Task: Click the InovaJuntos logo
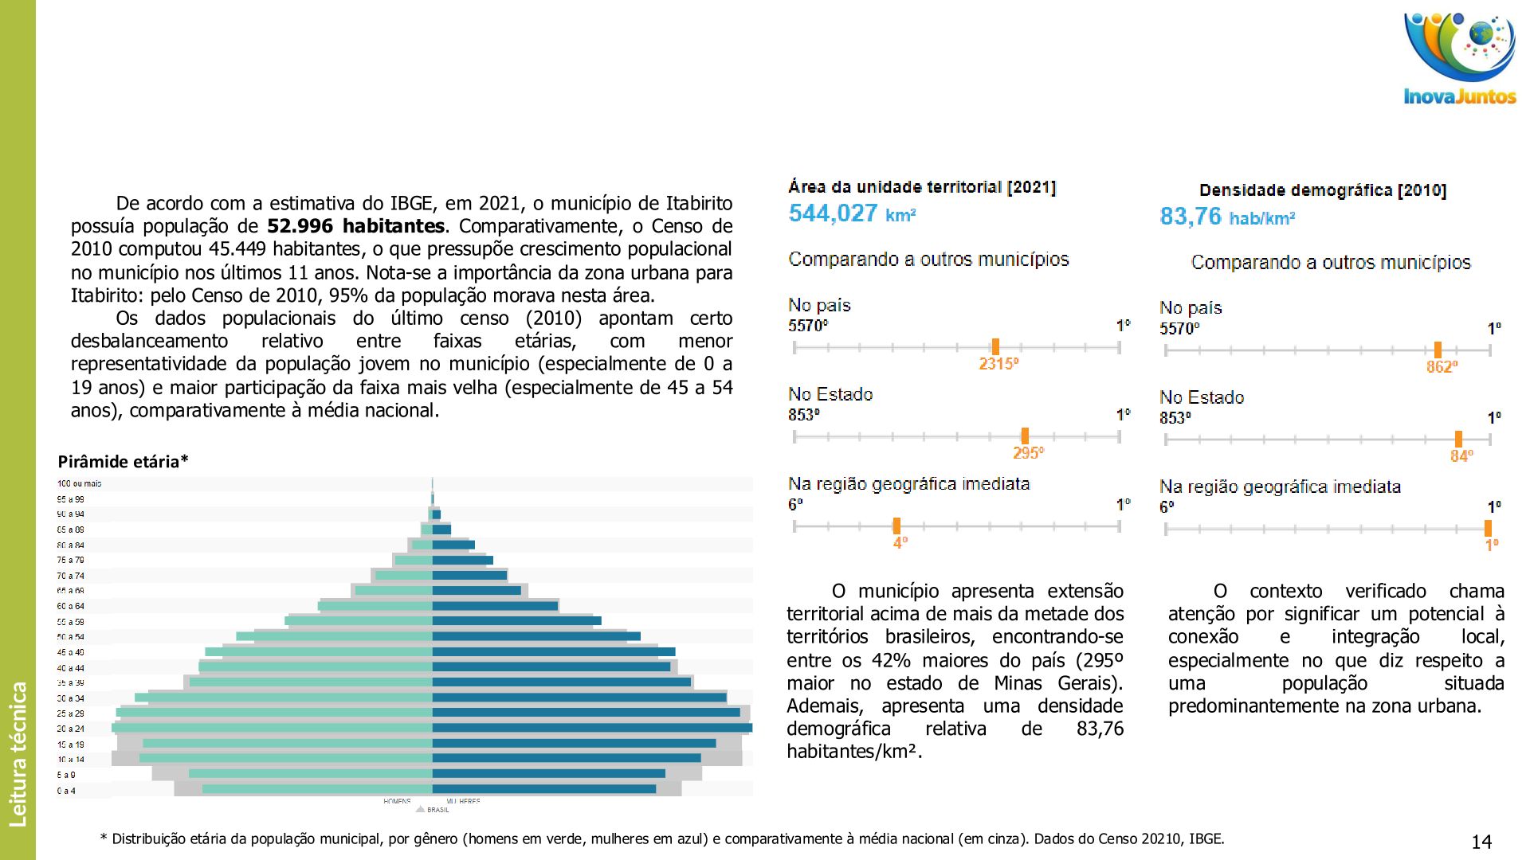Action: coord(1459,59)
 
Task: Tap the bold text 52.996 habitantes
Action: coord(355,226)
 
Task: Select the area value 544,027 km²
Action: coord(852,213)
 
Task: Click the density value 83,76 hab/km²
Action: coord(1226,217)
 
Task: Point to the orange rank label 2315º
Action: coord(998,364)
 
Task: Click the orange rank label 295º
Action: coord(1028,453)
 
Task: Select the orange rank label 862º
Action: coord(1442,367)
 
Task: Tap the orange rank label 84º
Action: coord(1461,456)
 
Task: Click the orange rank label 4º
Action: coord(900,543)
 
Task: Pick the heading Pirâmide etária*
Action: coord(123,462)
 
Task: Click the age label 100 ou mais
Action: coord(79,483)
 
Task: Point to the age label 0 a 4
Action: coord(66,791)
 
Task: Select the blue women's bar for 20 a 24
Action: coord(591,728)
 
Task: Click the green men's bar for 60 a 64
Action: coord(375,606)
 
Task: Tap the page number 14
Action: coord(1481,842)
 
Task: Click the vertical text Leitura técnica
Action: coord(18,753)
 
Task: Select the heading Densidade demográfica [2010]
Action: coord(1322,190)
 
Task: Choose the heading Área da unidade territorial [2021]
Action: coord(922,187)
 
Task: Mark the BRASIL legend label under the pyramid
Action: coord(437,810)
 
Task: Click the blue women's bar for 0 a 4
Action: coord(543,789)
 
